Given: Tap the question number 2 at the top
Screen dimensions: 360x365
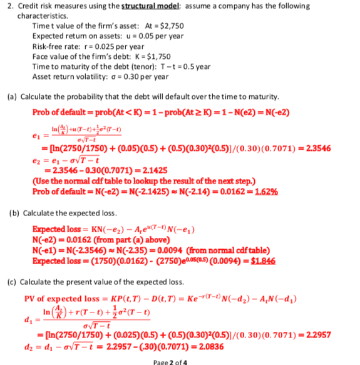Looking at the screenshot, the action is [4, 6].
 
